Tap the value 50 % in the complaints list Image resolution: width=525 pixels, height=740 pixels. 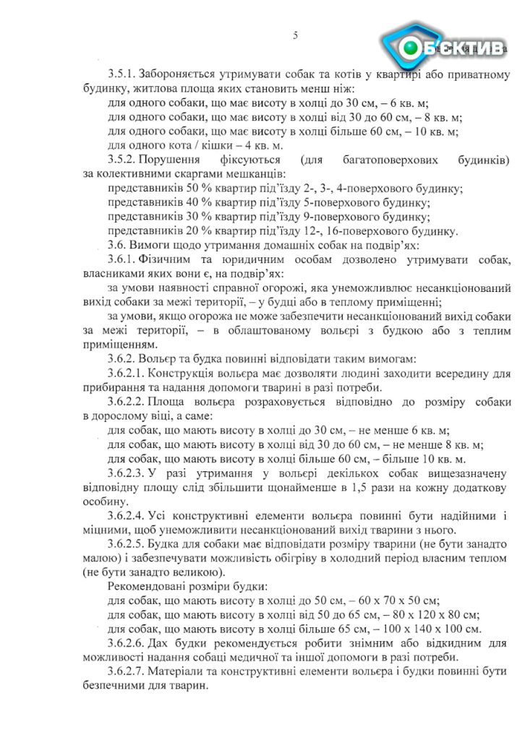pyautogui.click(x=187, y=188)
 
